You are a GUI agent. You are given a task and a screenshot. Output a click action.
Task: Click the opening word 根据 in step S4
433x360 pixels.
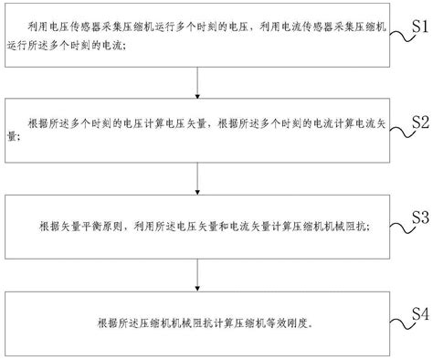pos(102,322)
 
